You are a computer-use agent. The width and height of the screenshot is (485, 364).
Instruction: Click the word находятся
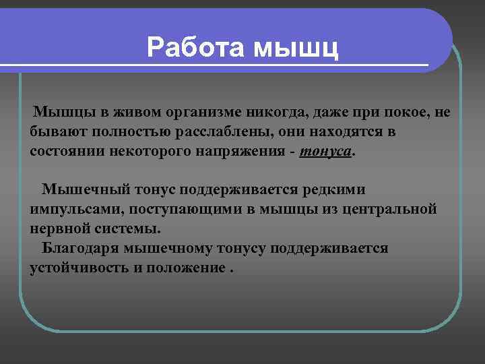[320, 131]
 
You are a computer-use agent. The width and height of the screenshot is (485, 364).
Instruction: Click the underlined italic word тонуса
[325, 152]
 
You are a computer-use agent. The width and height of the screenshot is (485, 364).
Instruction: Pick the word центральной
[390, 209]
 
